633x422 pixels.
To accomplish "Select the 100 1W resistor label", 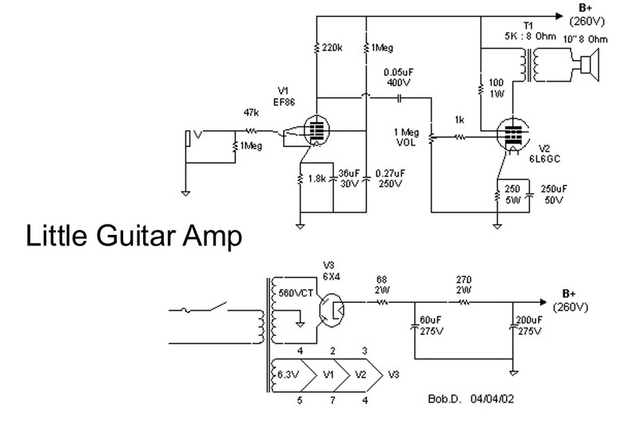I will coord(496,88).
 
